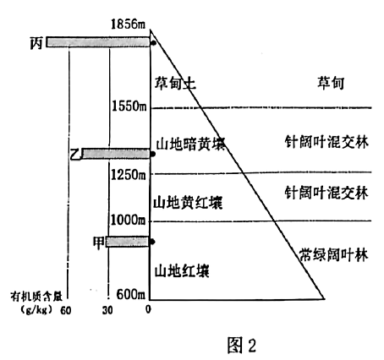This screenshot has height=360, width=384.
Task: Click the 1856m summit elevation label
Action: coord(129,24)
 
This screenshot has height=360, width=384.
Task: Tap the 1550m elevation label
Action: coord(129,106)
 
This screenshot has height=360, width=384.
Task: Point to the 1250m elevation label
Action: coord(129,175)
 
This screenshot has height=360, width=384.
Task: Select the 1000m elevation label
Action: coord(128,220)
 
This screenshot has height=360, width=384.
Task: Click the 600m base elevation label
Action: coord(131,295)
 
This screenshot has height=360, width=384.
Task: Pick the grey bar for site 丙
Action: coord(98,42)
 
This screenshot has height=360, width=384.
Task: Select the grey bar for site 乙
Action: coord(116,154)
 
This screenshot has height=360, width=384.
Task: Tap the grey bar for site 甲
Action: coord(128,242)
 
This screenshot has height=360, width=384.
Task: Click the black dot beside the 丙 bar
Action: coord(153,43)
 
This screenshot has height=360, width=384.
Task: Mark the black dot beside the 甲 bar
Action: coord(152,242)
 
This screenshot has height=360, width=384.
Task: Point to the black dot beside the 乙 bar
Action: coord(153,154)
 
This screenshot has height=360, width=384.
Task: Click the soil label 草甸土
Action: coord(175,84)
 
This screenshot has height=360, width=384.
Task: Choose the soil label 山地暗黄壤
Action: coord(191,145)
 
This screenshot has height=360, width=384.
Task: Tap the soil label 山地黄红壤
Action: coord(188,203)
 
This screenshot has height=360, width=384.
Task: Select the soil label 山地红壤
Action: coord(182,271)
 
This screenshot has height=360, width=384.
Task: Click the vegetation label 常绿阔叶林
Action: coord(334,255)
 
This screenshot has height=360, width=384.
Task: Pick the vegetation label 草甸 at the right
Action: coord(331,83)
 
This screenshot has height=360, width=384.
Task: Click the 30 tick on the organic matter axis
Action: coord(107,310)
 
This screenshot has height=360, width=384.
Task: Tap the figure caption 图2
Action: coord(242,345)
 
